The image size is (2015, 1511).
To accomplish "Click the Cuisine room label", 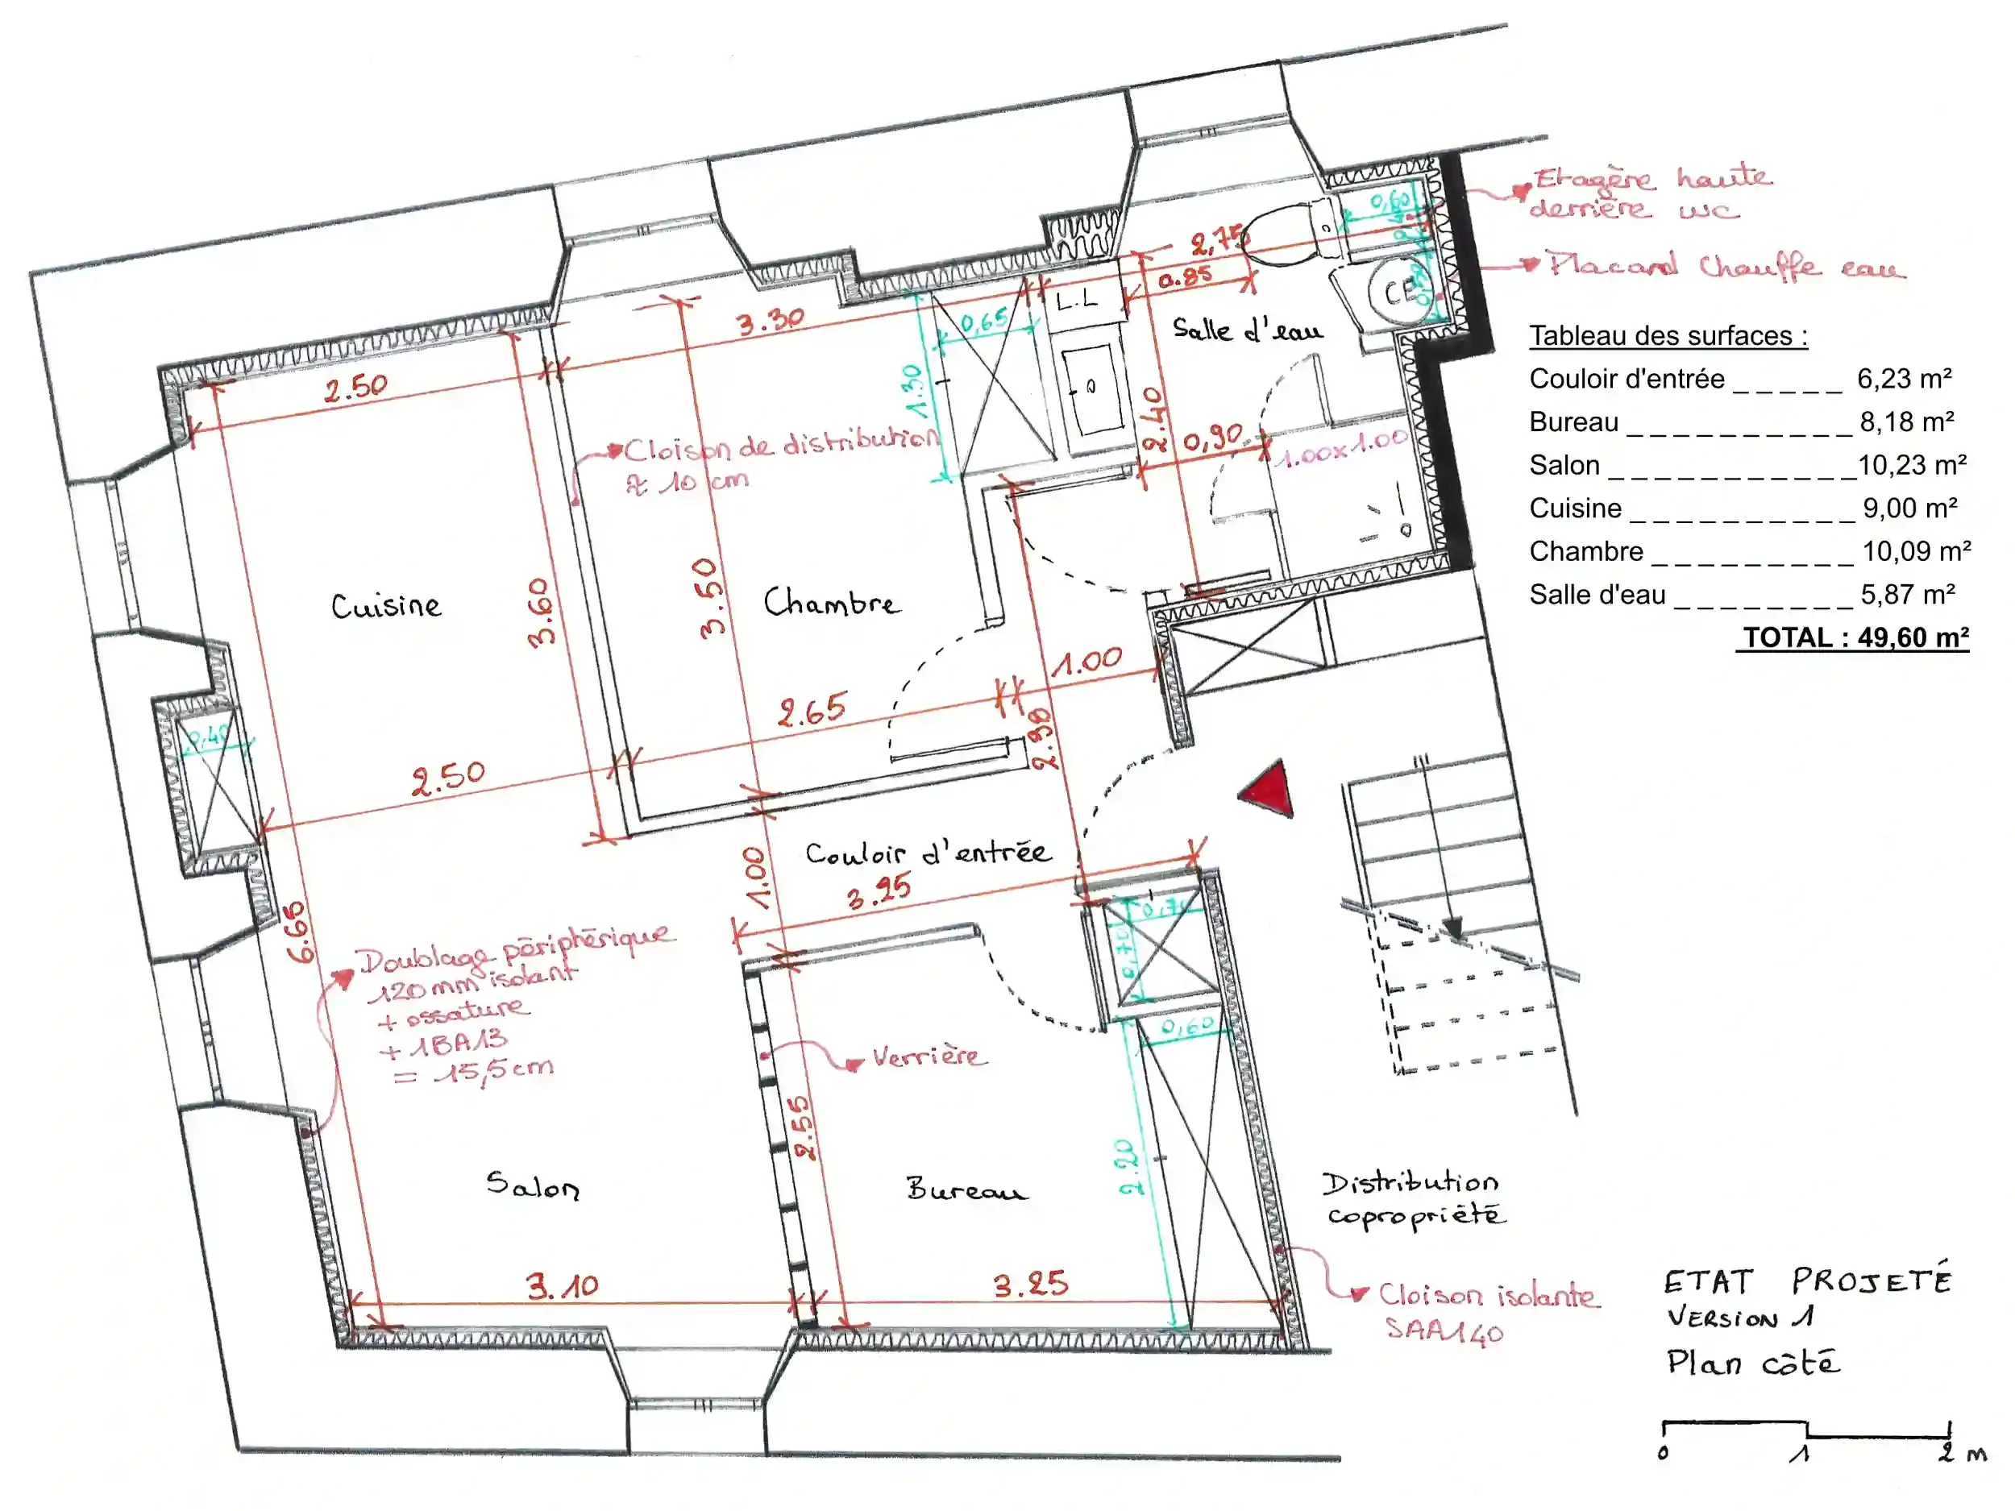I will [385, 606].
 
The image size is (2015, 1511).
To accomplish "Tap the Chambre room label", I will [831, 602].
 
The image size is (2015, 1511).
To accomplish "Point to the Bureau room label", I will [966, 1189].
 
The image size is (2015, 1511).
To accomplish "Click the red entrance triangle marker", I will [1269, 789].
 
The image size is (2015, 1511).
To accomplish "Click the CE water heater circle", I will [1400, 292].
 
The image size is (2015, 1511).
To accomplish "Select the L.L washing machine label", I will [1078, 299].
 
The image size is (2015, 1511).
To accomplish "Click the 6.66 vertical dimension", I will [300, 932].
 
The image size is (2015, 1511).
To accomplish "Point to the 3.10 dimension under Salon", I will [562, 1286].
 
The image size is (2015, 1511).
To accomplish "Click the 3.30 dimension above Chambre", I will [770, 322].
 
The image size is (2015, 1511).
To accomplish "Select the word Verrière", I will [929, 1056].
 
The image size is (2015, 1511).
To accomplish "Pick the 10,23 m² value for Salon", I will [1911, 466].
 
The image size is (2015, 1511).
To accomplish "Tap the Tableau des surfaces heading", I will [1668, 335].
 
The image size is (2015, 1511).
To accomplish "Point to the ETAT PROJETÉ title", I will [1807, 1281].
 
